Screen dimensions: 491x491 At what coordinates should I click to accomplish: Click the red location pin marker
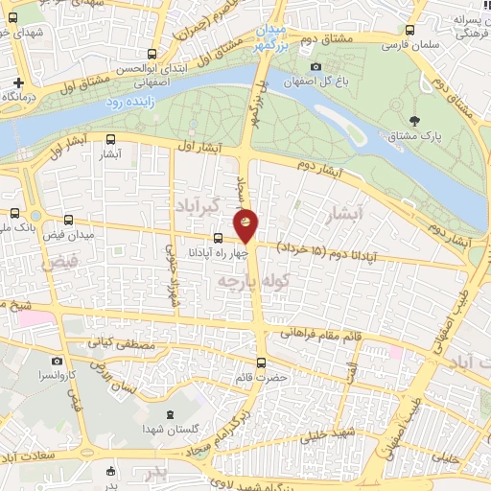point(246,225)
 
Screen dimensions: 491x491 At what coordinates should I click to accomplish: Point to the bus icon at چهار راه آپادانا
point(219,238)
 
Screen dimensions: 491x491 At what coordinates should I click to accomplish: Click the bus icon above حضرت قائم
point(262,363)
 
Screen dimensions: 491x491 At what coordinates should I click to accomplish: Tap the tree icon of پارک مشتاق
point(413,121)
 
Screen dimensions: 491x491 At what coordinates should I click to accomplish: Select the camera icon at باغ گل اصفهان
point(316,66)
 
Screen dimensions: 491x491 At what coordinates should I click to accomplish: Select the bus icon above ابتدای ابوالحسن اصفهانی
point(151,54)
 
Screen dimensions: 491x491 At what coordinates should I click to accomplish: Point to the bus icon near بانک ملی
point(14,213)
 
